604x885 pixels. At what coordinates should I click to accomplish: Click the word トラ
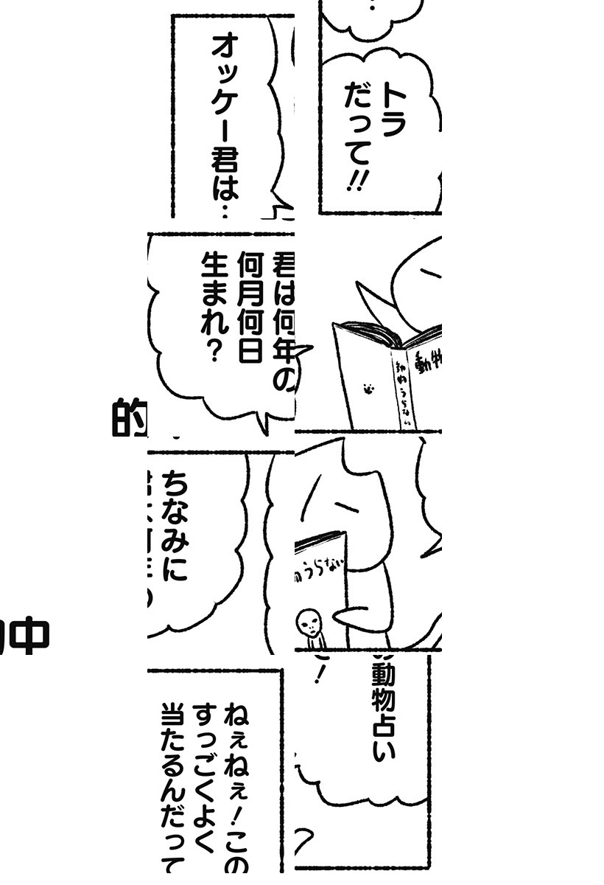391,111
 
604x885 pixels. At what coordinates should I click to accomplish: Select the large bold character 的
129,417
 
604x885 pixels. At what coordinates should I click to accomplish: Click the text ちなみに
175,524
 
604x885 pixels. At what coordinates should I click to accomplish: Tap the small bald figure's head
309,623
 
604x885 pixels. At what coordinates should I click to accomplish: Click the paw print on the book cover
365,386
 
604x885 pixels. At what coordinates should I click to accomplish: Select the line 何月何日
247,306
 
